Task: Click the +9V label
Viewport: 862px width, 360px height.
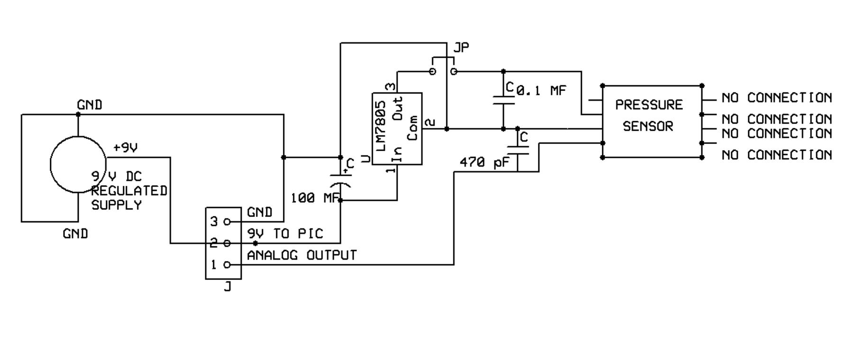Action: point(126,148)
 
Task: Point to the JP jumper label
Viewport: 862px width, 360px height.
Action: point(461,47)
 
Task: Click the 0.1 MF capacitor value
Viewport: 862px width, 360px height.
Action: point(541,90)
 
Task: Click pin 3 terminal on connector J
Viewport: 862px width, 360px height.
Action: point(227,221)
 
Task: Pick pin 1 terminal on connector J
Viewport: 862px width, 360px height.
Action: point(227,265)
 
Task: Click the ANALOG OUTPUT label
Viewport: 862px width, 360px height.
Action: point(301,255)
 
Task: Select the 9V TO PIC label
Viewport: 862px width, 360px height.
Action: point(285,234)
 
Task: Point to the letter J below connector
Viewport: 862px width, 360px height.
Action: point(227,287)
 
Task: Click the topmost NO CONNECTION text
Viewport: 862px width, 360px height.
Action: point(776,98)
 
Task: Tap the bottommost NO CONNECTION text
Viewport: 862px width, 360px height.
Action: point(776,155)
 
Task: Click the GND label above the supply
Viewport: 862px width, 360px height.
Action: point(90,105)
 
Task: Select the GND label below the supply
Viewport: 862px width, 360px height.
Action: point(75,234)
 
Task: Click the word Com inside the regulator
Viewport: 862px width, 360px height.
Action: point(412,127)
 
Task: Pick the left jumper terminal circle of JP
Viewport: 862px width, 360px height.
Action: point(432,72)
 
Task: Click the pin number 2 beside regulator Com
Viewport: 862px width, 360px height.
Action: point(429,123)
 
